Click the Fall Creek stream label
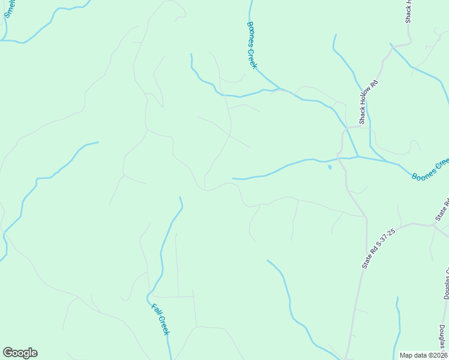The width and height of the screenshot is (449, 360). [160, 319]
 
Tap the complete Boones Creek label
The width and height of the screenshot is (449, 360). [252, 46]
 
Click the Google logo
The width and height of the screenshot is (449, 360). [20, 353]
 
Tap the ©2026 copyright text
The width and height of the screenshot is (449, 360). [436, 355]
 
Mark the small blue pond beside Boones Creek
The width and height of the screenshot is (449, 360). [329, 167]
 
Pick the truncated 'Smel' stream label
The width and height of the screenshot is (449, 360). [8, 9]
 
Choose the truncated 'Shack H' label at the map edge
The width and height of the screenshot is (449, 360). [408, 11]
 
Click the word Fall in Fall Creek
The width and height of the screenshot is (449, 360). [156, 311]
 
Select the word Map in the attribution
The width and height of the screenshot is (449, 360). [406, 355]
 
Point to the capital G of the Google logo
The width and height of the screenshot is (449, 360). [8, 353]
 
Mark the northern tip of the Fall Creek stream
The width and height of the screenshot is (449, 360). [180, 197]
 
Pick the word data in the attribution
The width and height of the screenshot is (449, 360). [420, 355]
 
